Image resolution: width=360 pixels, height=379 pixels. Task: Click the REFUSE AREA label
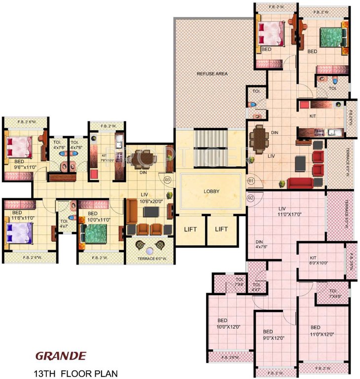click(212, 74)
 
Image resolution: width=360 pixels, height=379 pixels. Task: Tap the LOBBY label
click(211, 191)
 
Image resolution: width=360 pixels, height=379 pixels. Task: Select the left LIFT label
click(191, 229)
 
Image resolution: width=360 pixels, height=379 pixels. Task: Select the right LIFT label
click(221, 229)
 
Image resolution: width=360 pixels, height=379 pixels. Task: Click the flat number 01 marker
click(250, 180)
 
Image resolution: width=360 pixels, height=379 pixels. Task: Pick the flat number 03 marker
click(168, 180)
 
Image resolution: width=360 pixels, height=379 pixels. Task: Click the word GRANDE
click(61, 355)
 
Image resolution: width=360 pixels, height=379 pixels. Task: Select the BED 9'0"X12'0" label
click(274, 335)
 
